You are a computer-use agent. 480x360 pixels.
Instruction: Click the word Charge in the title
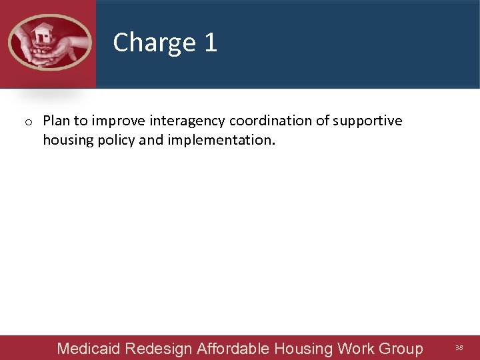[155, 43]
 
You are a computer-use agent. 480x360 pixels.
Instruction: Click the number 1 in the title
[211, 43]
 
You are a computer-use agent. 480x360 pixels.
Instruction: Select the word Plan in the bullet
[56, 121]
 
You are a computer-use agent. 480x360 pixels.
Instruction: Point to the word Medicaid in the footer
[89, 349]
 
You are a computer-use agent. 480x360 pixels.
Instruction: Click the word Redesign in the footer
[159, 349]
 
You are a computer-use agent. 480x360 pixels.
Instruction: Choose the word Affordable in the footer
[233, 348]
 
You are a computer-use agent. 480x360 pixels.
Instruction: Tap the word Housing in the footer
[304, 349]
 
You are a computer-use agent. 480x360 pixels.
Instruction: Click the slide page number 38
[459, 348]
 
